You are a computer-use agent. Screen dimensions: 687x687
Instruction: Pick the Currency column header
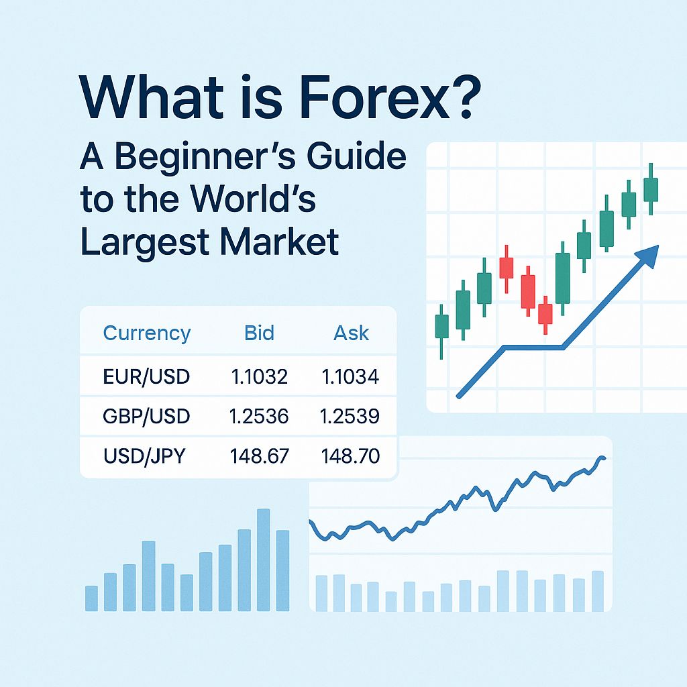(147, 333)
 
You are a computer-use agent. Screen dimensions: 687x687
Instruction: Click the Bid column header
(259, 333)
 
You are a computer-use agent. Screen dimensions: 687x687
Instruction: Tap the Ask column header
(351, 333)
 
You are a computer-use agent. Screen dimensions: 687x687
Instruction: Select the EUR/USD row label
(147, 377)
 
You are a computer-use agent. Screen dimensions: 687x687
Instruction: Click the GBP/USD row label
(147, 417)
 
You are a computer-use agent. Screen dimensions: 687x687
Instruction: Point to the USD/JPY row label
(144, 457)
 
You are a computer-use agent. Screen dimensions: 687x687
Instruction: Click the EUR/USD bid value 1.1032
(259, 377)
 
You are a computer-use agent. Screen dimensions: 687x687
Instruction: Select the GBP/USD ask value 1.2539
(351, 417)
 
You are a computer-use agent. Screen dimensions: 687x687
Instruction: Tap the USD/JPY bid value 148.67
(259, 457)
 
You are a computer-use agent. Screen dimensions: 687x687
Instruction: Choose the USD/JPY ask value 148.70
(351, 457)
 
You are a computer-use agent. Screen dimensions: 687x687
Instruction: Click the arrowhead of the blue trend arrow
(648, 255)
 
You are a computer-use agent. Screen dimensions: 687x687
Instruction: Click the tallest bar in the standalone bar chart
(263, 560)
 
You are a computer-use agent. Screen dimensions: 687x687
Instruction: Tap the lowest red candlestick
(545, 314)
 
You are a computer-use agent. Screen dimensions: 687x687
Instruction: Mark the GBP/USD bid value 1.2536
(259, 417)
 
